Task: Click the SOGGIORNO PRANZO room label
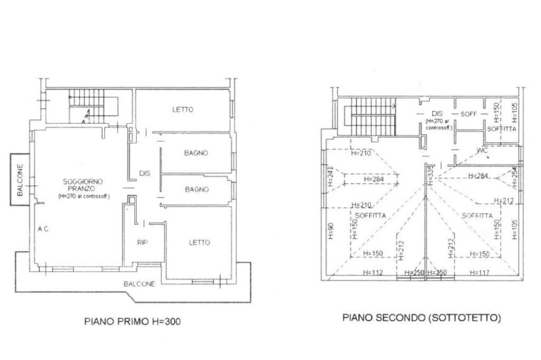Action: (83, 185)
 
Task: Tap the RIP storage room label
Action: (142, 243)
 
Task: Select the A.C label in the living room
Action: (43, 229)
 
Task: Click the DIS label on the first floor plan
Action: (145, 173)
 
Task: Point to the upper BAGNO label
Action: (196, 153)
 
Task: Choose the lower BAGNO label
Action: (196, 189)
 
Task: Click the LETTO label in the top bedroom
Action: (183, 110)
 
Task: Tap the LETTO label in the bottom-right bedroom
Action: (199, 243)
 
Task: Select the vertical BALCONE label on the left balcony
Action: (20, 180)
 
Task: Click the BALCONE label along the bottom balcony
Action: (139, 284)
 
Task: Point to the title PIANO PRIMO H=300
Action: (132, 321)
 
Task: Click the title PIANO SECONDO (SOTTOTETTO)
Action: (421, 318)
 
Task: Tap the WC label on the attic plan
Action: (482, 150)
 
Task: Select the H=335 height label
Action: (430, 174)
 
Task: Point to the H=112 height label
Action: (372, 273)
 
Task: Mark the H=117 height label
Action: (480, 273)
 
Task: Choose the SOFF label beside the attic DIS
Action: (469, 114)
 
